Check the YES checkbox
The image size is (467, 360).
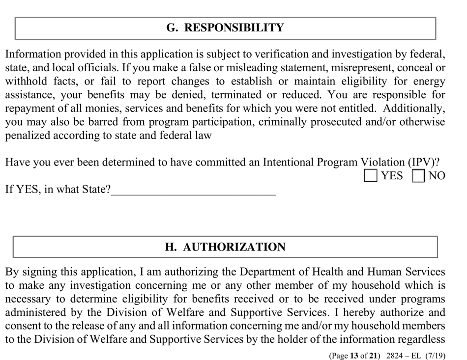[x=371, y=175]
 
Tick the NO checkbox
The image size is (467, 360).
[x=418, y=175]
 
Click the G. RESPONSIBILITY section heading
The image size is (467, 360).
[x=225, y=28]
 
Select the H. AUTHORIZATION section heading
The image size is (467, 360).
[x=225, y=247]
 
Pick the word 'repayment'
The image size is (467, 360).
[x=29, y=109]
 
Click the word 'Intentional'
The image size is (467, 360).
[x=291, y=162]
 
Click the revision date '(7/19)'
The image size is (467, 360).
[x=439, y=355]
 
